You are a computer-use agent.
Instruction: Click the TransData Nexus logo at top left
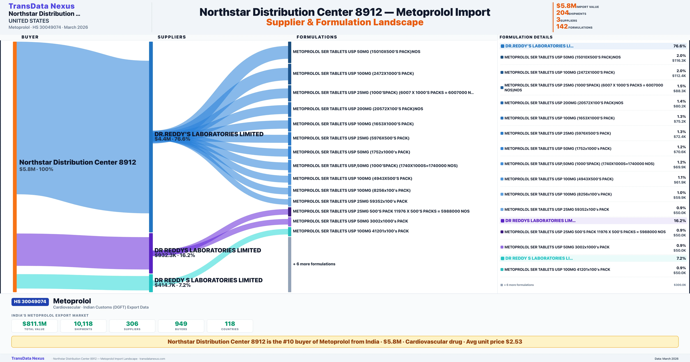42,6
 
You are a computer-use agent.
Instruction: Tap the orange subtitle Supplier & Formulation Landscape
345,22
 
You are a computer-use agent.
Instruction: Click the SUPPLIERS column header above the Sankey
172,37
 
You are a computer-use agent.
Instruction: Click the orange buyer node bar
15,166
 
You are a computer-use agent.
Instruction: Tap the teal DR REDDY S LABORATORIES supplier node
151,283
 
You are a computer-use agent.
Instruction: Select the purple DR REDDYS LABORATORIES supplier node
151,253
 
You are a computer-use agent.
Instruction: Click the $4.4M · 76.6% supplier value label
172,139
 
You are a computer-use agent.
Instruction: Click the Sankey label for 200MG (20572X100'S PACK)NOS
358,109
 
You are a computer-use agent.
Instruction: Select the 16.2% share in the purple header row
680,221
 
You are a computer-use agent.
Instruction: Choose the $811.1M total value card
34,326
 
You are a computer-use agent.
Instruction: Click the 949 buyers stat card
181,326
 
